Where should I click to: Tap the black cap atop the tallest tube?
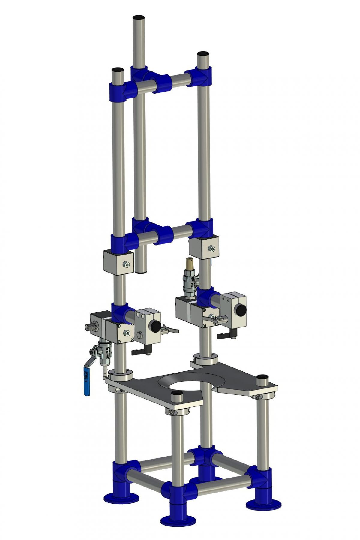(139, 17)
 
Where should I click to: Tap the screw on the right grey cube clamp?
(212, 248)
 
